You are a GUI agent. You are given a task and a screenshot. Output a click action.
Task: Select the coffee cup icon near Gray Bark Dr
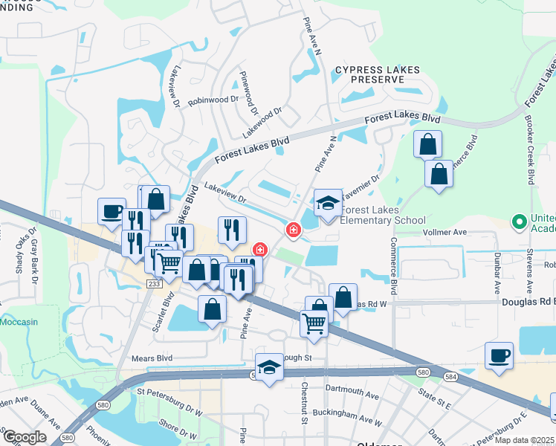click(x=111, y=212)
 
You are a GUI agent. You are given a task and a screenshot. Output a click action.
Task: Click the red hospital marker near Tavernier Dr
click(x=294, y=230)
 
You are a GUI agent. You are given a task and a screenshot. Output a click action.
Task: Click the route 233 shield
click(x=154, y=283)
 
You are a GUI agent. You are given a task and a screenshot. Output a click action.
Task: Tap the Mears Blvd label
click(x=152, y=358)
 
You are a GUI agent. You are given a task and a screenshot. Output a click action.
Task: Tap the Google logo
click(x=25, y=437)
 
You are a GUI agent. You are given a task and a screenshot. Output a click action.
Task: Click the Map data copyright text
click(x=524, y=439)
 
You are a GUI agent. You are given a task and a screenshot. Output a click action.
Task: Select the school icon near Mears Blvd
click(x=269, y=367)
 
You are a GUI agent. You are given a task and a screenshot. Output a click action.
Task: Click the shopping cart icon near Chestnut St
click(x=314, y=323)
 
